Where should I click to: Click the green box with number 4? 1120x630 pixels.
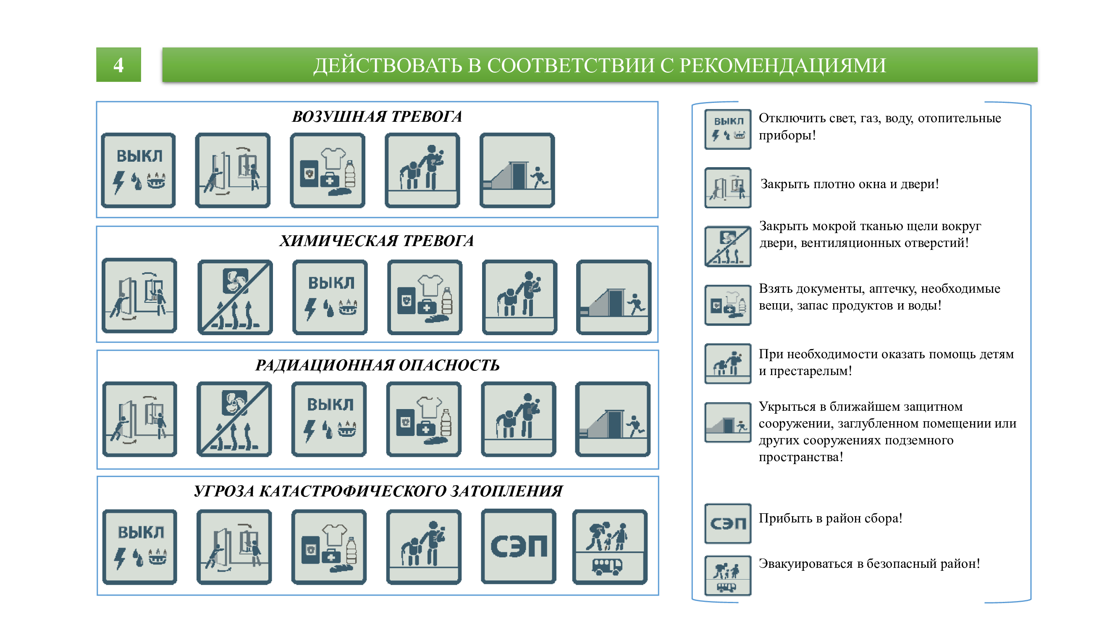pyautogui.click(x=119, y=65)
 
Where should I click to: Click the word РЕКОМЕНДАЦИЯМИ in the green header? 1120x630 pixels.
pyautogui.click(x=782, y=66)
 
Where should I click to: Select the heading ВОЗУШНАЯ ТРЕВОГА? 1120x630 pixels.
pyautogui.click(x=377, y=116)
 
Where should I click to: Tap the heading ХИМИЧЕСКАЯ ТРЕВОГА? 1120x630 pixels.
pyautogui.click(x=377, y=241)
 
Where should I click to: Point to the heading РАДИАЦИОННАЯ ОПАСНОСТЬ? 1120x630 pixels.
pyautogui.click(x=378, y=365)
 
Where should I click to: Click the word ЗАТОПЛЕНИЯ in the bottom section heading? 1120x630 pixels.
pyautogui.click(x=506, y=491)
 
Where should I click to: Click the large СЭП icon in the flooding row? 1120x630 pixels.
pyautogui.click(x=519, y=546)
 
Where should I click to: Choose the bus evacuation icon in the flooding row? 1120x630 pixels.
pyautogui.click(x=610, y=547)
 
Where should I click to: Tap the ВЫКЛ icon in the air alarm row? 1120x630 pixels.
pyautogui.click(x=138, y=171)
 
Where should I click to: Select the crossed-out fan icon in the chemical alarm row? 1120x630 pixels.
pyautogui.click(x=235, y=297)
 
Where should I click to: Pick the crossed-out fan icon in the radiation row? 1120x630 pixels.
pyautogui.click(x=234, y=420)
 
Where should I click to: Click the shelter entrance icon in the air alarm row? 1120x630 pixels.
pyautogui.click(x=517, y=171)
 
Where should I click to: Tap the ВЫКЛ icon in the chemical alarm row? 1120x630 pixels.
pyautogui.click(x=330, y=297)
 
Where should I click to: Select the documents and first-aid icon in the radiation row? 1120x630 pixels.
pyautogui.click(x=424, y=420)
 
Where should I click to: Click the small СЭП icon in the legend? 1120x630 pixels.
pyautogui.click(x=728, y=523)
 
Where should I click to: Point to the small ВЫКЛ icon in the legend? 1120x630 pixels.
pyautogui.click(x=728, y=129)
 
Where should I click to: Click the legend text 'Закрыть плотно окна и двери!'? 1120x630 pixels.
pyautogui.click(x=850, y=184)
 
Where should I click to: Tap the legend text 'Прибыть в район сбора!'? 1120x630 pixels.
pyautogui.click(x=830, y=518)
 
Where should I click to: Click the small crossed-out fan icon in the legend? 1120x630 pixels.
pyautogui.click(x=728, y=247)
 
